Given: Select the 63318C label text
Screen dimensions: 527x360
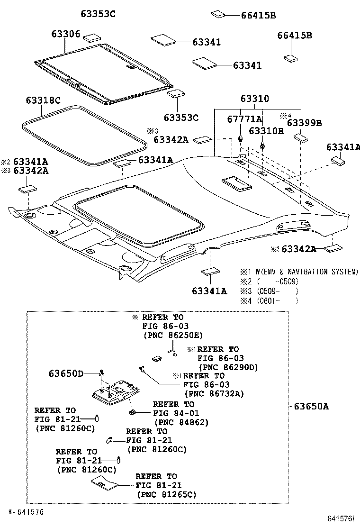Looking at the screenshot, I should [43, 100].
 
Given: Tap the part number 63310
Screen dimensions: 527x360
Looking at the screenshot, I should [254, 99].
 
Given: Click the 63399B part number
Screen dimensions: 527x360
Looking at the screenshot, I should [304, 123].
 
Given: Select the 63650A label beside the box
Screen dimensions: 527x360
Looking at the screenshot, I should [311, 406].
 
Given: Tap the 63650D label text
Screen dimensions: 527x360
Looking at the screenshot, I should [66, 373].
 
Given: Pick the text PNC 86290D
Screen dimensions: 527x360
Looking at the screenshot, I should [228, 367].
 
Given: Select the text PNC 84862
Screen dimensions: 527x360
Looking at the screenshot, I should [181, 422].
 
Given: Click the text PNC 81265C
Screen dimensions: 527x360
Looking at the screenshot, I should [166, 494].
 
